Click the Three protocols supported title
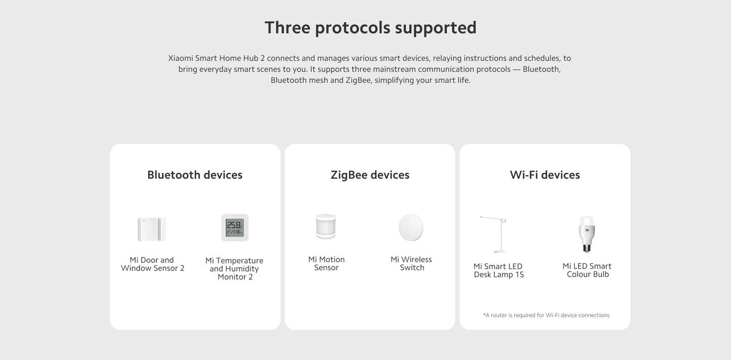[x=370, y=27]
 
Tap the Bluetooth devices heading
[x=195, y=175]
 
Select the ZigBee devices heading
[x=370, y=175]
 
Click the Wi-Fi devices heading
[x=545, y=175]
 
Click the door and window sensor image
[x=152, y=229]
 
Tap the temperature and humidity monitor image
[x=235, y=228]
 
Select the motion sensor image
[x=326, y=227]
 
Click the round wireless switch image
[x=411, y=227]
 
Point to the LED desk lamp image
[x=494, y=234]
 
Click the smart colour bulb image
[x=587, y=234]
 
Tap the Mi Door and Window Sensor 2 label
[x=152, y=264]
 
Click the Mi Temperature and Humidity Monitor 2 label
[x=234, y=268]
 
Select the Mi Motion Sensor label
[x=326, y=263]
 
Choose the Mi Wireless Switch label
[x=411, y=263]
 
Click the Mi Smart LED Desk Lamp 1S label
[x=498, y=271]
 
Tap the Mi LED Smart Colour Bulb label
[x=587, y=270]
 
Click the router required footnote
[x=546, y=315]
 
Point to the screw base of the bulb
[x=587, y=247]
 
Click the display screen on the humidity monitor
[x=235, y=227]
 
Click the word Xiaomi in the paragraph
[x=180, y=58]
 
